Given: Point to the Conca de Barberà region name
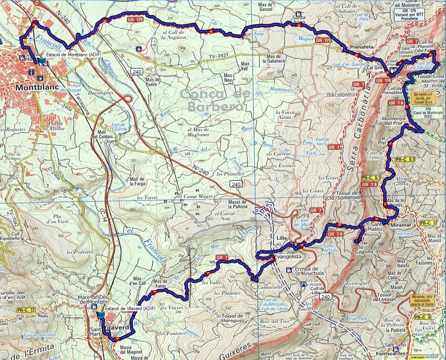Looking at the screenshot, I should coord(212,100).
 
